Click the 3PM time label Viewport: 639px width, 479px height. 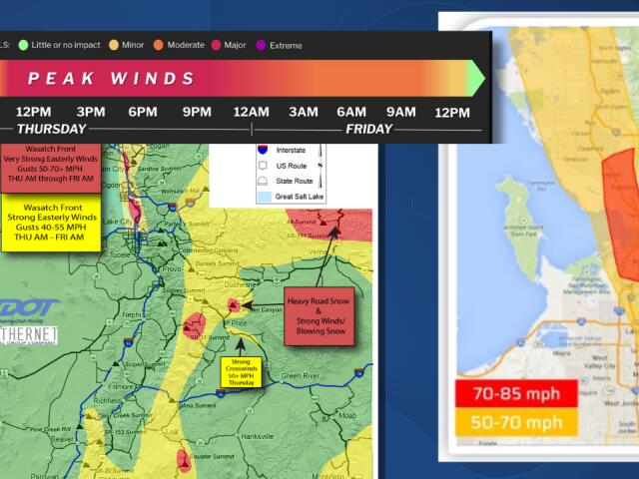[91, 111]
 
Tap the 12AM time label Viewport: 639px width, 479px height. [252, 111]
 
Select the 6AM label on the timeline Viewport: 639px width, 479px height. [352, 111]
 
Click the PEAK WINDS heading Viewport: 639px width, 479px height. [111, 78]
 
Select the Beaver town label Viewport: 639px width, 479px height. [63, 437]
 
